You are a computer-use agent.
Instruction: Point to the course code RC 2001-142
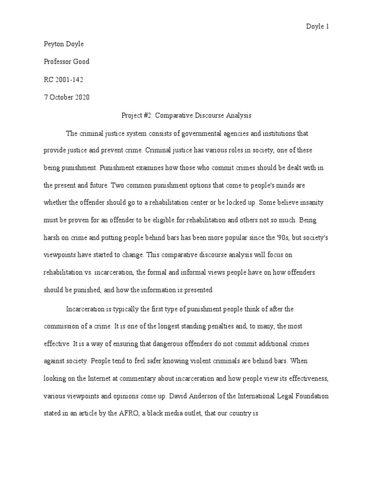point(64,79)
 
